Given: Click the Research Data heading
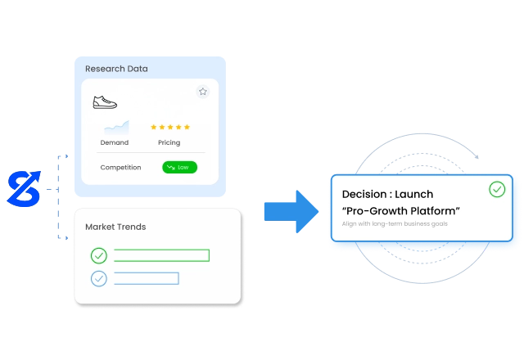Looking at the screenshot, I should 117,69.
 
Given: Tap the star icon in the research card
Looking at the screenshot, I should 202,92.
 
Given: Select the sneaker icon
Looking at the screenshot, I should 105,102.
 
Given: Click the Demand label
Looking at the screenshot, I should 115,142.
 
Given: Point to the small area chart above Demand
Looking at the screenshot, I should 115,127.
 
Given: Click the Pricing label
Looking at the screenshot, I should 169,142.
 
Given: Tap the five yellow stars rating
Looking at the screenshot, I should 170,127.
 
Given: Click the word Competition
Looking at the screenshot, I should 121,167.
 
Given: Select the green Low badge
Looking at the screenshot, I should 180,167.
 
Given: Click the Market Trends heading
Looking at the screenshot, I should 115,227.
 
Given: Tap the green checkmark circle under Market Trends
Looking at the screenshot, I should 99,255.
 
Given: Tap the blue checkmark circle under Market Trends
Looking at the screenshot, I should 99,278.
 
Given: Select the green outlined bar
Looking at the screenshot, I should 161,255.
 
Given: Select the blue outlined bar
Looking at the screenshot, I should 147,278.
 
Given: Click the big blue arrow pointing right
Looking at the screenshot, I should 291,210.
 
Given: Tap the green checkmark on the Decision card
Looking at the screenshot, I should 497,190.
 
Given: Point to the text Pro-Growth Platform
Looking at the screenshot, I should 400,211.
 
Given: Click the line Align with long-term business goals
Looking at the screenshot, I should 395,224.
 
